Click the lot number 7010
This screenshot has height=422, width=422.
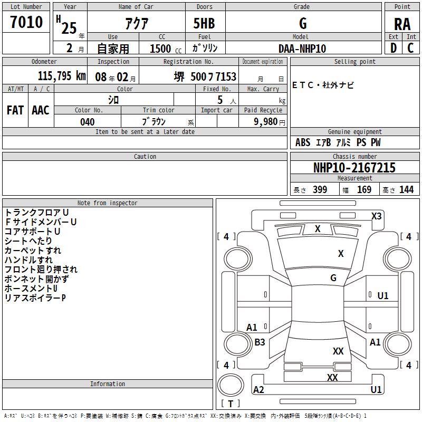click(x=26, y=22)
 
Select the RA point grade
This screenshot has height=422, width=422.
click(x=402, y=24)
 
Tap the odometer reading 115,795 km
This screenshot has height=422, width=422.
click(x=62, y=76)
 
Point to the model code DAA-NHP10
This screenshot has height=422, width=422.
click(x=302, y=49)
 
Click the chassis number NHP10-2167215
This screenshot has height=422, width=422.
click(x=354, y=168)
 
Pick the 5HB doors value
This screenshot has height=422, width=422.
click(x=204, y=23)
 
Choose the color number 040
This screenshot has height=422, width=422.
click(x=88, y=122)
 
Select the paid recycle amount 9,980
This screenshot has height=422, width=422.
click(x=266, y=122)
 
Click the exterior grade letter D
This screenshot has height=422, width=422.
click(x=394, y=48)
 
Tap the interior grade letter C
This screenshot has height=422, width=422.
click(x=410, y=48)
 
